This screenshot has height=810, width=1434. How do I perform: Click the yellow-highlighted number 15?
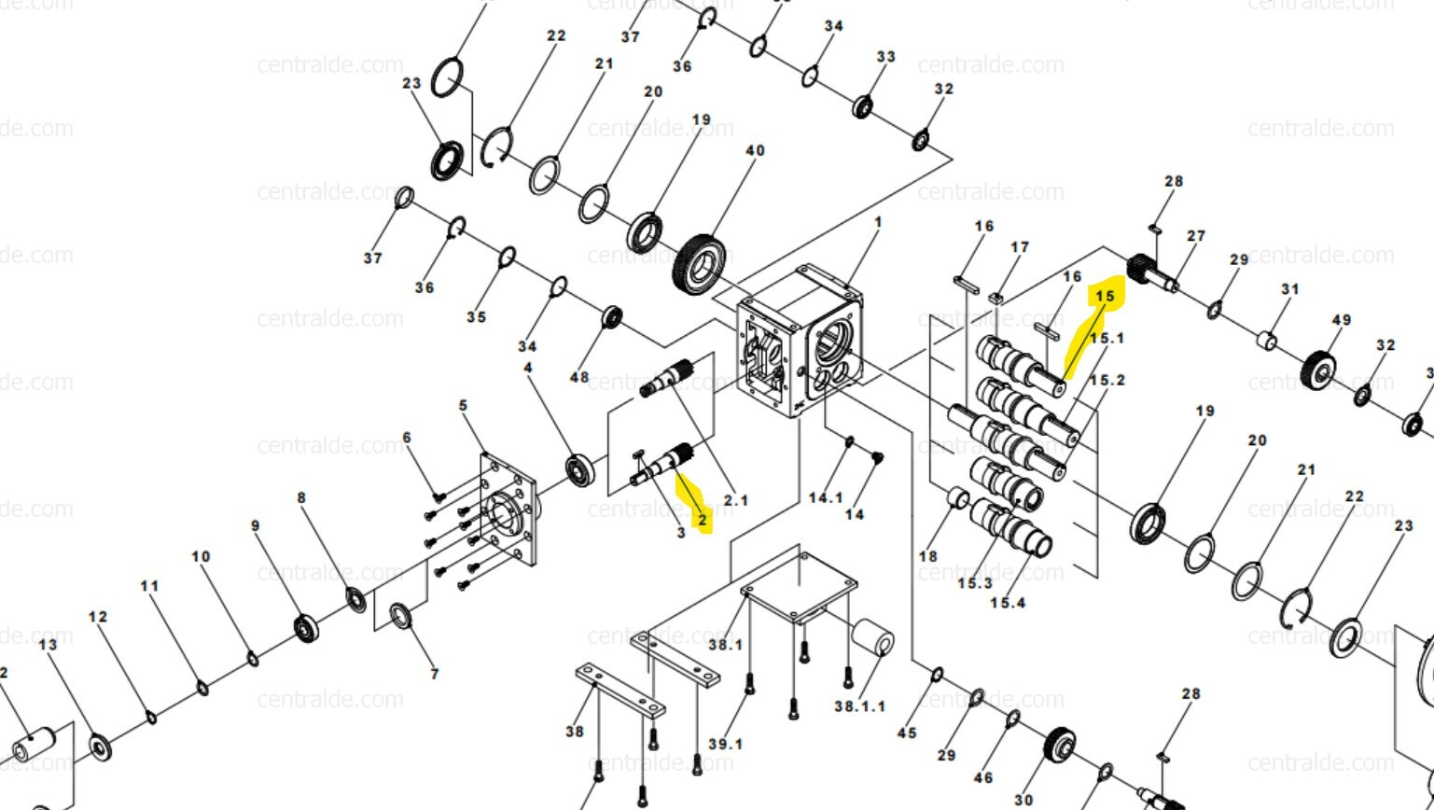tap(1106, 296)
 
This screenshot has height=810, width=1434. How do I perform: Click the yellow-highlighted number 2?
tap(702, 521)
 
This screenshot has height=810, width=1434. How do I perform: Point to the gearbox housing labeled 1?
tap(801, 342)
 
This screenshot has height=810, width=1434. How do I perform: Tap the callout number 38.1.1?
tap(859, 706)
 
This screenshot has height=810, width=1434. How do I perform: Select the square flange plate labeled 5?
tap(509, 510)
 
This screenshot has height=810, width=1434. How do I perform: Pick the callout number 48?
tap(579, 378)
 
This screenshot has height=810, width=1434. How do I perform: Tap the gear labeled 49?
tap(1318, 370)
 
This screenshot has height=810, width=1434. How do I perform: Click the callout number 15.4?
tap(1007, 603)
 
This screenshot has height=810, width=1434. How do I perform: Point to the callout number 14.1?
tap(826, 497)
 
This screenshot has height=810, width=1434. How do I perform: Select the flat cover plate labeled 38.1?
tap(800, 585)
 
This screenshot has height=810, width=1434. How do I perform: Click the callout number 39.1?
tap(725, 744)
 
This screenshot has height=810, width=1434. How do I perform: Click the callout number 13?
tap(48, 644)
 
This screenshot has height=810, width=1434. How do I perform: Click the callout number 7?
tap(434, 674)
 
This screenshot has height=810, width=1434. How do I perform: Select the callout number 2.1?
tap(735, 500)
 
